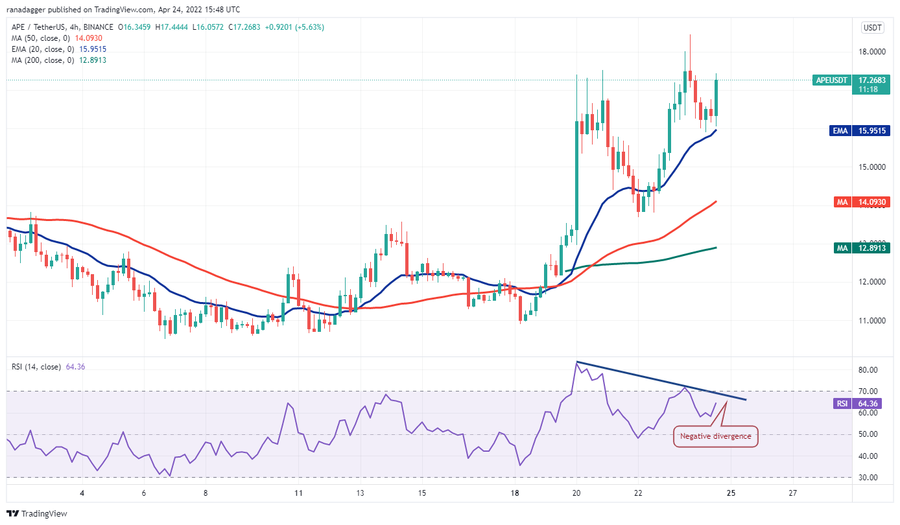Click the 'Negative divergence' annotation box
[x=715, y=436]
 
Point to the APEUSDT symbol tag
[x=832, y=80]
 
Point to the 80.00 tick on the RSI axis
[x=869, y=369]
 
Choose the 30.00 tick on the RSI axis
[x=869, y=477]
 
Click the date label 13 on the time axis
[x=360, y=493]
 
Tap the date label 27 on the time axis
[x=792, y=493]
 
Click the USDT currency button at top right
[x=871, y=27]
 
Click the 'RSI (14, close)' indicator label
[x=36, y=367]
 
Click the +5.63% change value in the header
[x=311, y=27]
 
